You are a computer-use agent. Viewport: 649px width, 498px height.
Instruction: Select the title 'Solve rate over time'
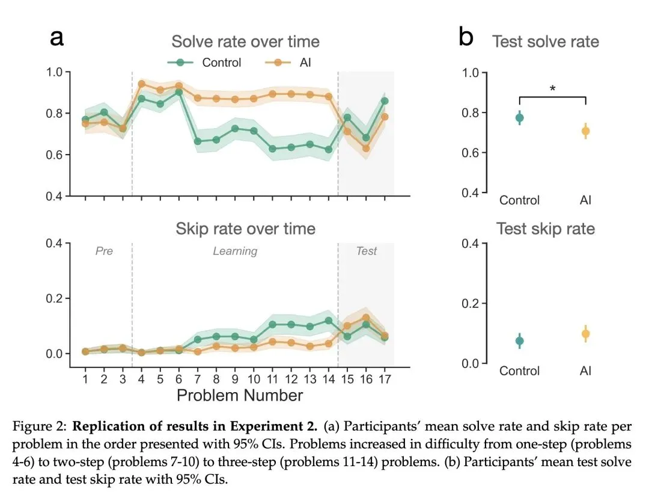coord(245,41)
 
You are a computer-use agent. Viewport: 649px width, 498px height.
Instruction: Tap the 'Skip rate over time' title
coord(245,229)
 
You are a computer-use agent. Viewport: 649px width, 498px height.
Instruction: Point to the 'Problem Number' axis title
coord(239,395)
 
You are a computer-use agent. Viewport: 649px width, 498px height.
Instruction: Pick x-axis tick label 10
coord(254,380)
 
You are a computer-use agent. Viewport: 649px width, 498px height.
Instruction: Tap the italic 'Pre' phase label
coord(104,251)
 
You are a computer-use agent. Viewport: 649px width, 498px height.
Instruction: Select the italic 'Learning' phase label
coord(235,251)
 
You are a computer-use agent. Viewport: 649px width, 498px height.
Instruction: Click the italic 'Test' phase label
coord(367,251)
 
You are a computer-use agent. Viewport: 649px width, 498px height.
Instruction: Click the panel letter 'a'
coord(56,37)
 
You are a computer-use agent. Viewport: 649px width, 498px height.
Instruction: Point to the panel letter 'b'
coord(466,37)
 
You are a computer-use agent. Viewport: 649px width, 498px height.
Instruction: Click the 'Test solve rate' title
coord(545,41)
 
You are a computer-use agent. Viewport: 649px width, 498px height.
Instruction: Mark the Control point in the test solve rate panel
coord(519,118)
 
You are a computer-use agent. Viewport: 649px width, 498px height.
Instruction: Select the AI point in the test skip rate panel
coord(585,334)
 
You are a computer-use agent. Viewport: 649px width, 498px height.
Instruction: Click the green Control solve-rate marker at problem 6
coord(179,92)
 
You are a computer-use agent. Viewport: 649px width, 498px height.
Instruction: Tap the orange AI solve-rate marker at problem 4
coord(142,84)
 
